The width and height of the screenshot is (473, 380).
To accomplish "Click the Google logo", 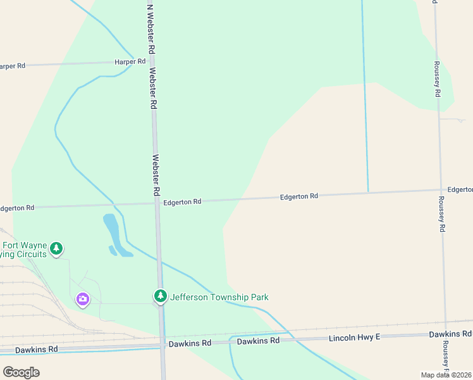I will click(x=20, y=372).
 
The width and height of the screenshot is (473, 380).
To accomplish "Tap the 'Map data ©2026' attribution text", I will click(x=446, y=375).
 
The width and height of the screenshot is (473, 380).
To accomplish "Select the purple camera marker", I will click(x=82, y=300).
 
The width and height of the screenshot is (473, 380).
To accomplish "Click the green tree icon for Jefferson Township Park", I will click(x=161, y=296).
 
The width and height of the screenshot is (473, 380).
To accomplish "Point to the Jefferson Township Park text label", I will click(x=219, y=297).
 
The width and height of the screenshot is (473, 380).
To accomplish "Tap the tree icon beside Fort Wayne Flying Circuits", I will click(x=57, y=248).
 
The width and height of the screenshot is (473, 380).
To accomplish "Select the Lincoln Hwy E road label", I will click(x=354, y=338).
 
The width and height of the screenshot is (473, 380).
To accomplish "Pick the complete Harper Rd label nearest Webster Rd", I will click(x=130, y=61).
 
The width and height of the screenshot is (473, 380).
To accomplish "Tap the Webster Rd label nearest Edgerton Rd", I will click(x=156, y=175).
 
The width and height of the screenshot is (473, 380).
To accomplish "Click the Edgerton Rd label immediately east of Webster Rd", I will click(x=182, y=201).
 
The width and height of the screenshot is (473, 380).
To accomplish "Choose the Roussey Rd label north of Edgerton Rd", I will click(x=437, y=79).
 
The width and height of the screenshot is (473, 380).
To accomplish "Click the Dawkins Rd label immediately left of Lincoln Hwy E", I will click(x=258, y=341).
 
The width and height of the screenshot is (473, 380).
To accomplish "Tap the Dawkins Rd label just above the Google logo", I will click(x=37, y=349).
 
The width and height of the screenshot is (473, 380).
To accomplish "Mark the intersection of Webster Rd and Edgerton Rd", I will click(x=156, y=203).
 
